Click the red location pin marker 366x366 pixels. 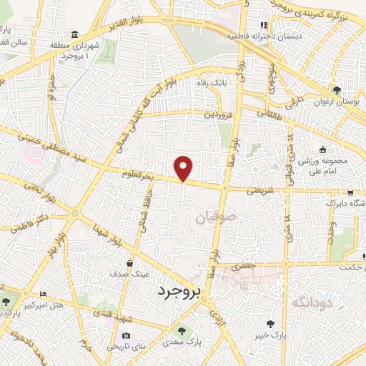[184, 169]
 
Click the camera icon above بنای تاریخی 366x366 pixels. [127, 336]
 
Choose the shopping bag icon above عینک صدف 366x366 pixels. [129, 262]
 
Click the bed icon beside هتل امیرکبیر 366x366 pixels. [44, 294]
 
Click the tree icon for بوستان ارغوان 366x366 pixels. [337, 90]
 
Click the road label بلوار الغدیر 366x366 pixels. [132, 26]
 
